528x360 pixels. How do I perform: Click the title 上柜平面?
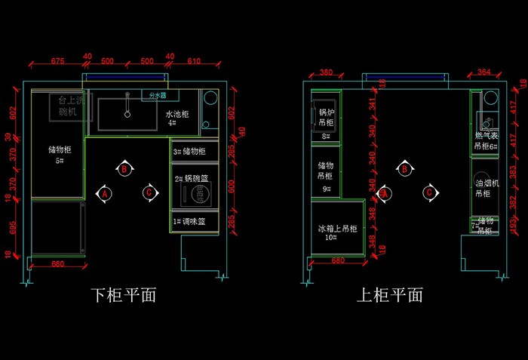coord(389,294)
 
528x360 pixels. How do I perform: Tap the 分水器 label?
coord(157,96)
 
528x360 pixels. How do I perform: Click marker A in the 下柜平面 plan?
coord(105,193)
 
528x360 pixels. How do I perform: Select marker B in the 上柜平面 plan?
coord(405,169)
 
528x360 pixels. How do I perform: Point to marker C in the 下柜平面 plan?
coord(149,193)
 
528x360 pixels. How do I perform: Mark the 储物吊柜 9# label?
coord(326,175)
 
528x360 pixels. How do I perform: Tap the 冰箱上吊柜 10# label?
coord(336,232)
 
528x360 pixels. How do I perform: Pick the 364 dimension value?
coord(483,72)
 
